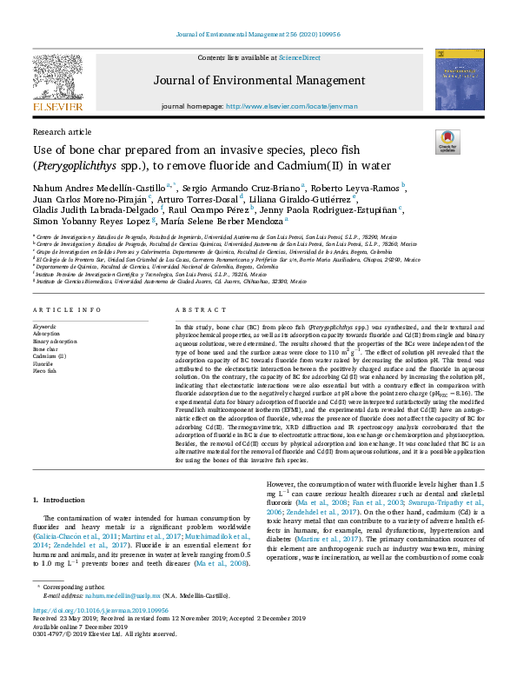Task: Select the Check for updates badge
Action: tap(447, 143)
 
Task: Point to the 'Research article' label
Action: tap(61, 131)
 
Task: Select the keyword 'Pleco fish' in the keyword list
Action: tap(46, 371)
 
